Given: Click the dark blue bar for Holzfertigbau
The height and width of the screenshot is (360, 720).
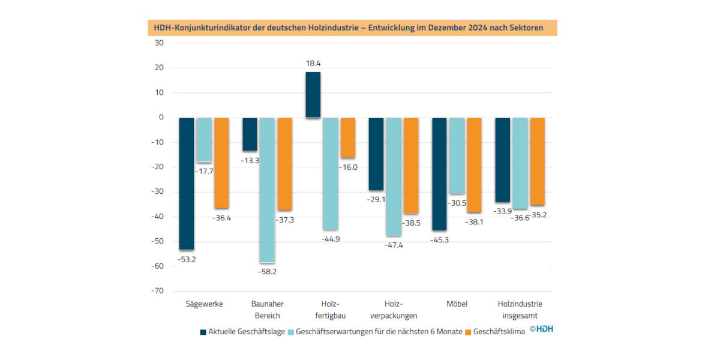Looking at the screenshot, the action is (313, 95).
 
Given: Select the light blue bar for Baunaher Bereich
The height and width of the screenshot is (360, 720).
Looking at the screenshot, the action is (268, 190).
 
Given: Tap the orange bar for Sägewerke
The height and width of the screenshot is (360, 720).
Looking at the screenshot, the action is (222, 163).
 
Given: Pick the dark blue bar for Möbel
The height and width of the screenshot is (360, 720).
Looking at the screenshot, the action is (439, 174).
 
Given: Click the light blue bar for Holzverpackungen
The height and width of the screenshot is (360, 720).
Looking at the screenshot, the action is (394, 177).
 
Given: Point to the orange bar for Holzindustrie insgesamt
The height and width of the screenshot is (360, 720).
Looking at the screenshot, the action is (538, 161).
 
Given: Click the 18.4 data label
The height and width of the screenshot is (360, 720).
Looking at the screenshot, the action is (313, 64).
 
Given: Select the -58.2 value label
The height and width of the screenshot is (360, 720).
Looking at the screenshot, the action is (267, 272).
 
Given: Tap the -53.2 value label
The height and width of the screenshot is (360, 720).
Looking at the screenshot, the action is (187, 260).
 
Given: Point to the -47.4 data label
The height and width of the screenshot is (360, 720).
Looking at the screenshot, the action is (394, 245).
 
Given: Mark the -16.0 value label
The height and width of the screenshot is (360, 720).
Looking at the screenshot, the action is (348, 167).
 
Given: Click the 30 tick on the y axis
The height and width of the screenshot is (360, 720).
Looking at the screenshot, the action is (159, 43).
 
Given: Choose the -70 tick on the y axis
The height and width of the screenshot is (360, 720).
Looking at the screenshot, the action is (157, 291).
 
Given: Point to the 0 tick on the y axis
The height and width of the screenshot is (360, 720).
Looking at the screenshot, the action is (161, 118).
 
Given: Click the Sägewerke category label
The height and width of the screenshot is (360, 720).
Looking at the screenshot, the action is (204, 304).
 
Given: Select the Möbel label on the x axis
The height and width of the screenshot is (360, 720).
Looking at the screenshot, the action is (457, 304).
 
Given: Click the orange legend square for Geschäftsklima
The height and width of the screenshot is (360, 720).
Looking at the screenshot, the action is (468, 332).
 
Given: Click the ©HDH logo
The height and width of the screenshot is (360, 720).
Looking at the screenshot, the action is (542, 329).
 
